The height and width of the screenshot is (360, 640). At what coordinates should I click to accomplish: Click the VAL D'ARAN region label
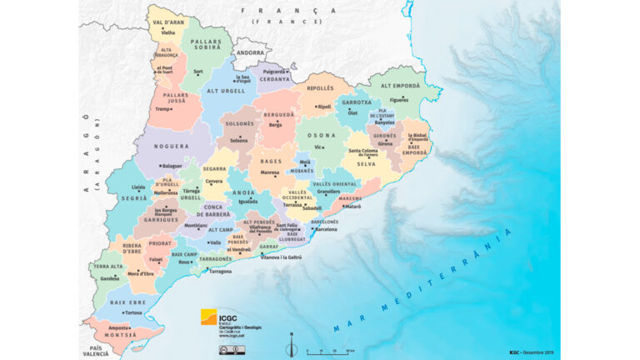pos(168,22)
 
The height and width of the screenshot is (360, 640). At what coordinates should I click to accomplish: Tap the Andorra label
pos(250,52)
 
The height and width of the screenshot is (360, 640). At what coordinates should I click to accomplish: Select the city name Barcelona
pos(326,229)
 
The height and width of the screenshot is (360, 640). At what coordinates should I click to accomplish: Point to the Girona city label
pos(384,143)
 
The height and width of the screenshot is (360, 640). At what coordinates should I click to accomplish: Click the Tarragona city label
pos(221,272)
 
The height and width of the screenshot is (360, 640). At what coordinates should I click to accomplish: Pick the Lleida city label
pos(138,188)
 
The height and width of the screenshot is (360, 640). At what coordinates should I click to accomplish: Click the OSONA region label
pos(321,136)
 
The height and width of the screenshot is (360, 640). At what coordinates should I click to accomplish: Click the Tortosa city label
pos(132,313)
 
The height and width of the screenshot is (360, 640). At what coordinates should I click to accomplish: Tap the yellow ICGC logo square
pos(208,317)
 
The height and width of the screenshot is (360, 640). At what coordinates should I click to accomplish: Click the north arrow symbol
pos(291,345)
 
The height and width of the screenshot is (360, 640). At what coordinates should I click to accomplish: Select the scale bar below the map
pos(327,352)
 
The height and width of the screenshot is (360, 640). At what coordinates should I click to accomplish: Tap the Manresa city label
pos(270,173)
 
